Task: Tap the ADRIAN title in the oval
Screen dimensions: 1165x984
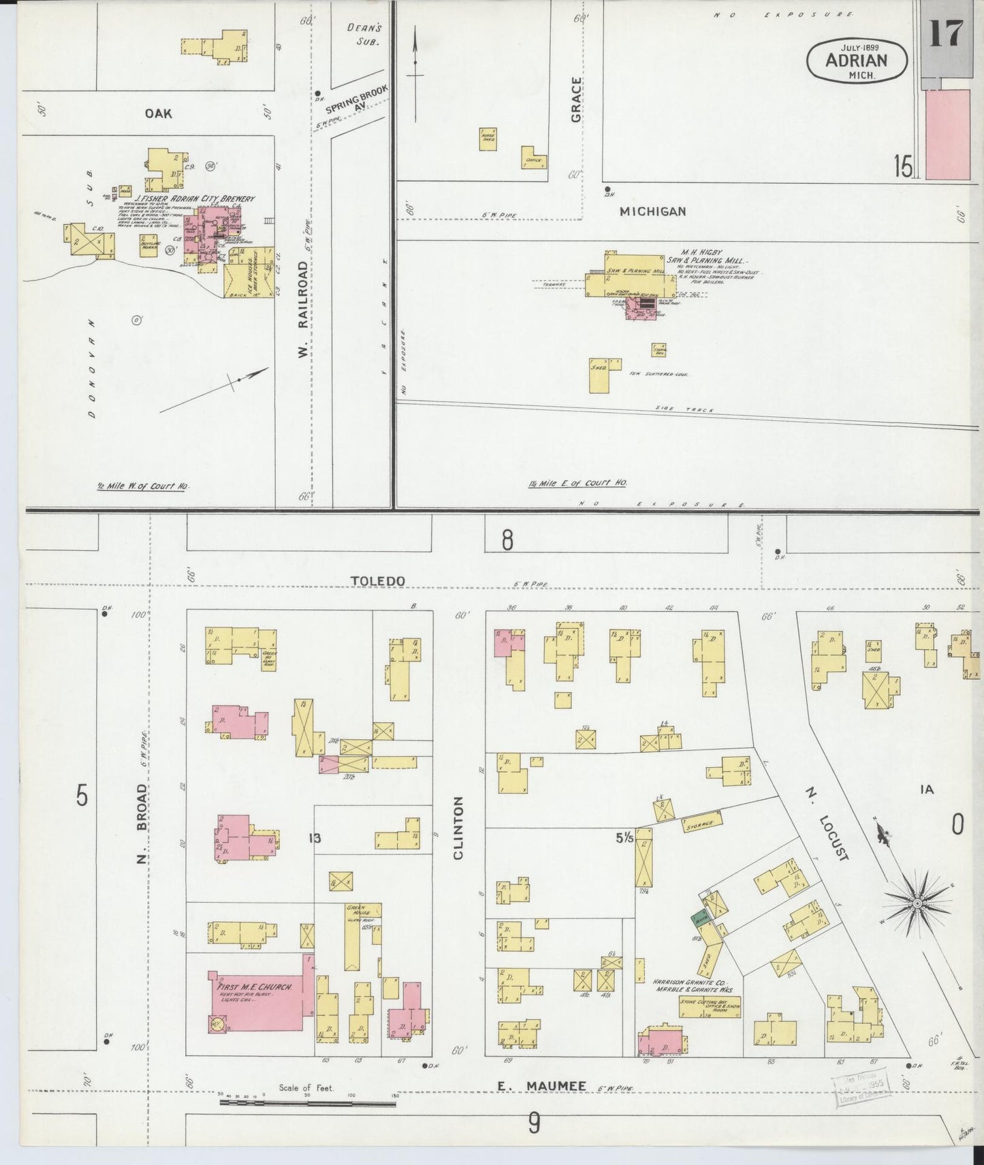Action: [x=857, y=60]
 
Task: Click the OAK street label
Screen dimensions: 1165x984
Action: [x=158, y=113]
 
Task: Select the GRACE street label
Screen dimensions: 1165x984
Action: [x=577, y=99]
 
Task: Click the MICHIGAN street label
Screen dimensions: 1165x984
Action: [x=652, y=212]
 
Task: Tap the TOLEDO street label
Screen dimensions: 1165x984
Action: [x=377, y=580]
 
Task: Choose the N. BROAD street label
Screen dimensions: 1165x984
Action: [x=141, y=823]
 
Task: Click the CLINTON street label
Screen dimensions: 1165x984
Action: [x=458, y=827]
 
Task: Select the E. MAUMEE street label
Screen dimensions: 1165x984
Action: [x=541, y=1086]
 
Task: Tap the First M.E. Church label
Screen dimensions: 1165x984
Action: [x=255, y=987]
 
